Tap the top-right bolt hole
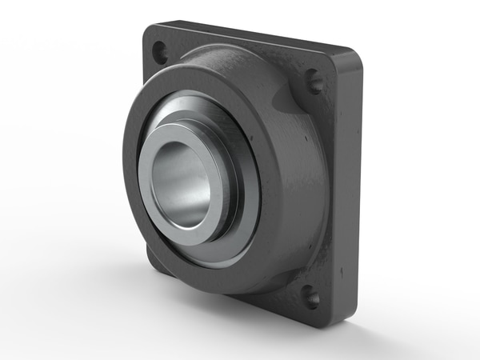(315, 82)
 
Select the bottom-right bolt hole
(311, 298)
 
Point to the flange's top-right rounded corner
(352, 58)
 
